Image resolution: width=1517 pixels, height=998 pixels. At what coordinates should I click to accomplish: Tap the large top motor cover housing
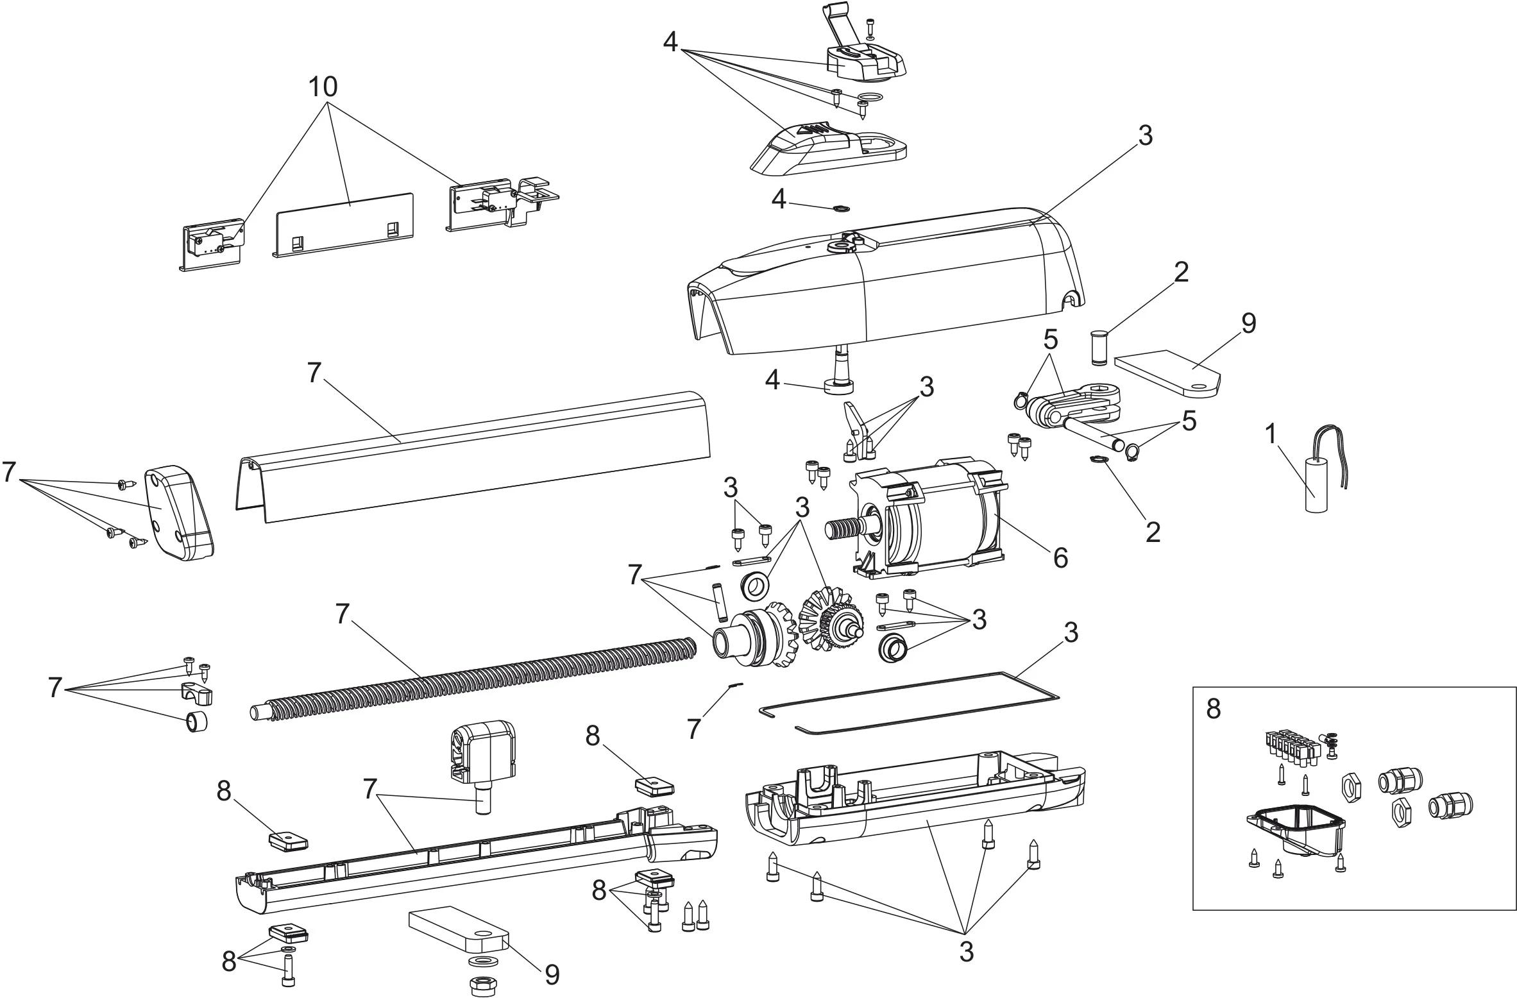pos(885,282)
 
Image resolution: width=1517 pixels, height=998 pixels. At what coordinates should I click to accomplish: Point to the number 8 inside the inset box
pos(1213,709)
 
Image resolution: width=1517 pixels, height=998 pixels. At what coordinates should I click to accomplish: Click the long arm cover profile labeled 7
pos(475,455)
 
